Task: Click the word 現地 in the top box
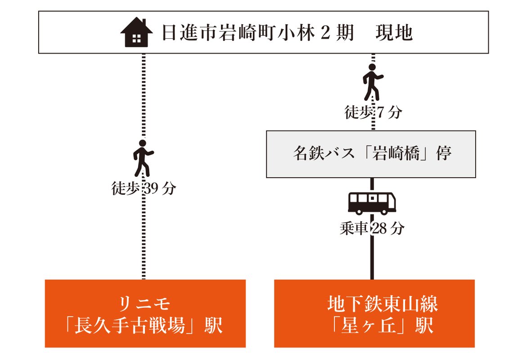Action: pos(394,33)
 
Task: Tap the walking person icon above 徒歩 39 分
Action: pos(143,158)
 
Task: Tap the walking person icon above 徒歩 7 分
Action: pos(373,81)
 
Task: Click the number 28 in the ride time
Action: pos(378,229)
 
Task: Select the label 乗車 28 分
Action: pos(372,229)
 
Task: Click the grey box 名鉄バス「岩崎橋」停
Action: pos(371,154)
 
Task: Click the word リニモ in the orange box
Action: pos(145,305)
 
